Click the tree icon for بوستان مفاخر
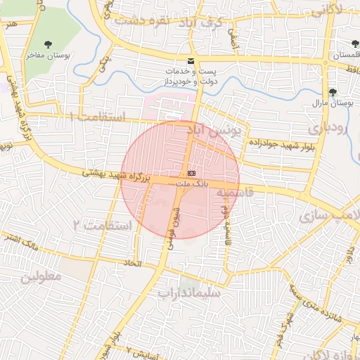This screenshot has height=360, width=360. (48, 44)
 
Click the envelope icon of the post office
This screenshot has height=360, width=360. (191, 61)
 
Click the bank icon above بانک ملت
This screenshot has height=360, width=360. (191, 173)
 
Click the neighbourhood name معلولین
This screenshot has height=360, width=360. (41, 276)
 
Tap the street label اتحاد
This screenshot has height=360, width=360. (128, 263)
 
